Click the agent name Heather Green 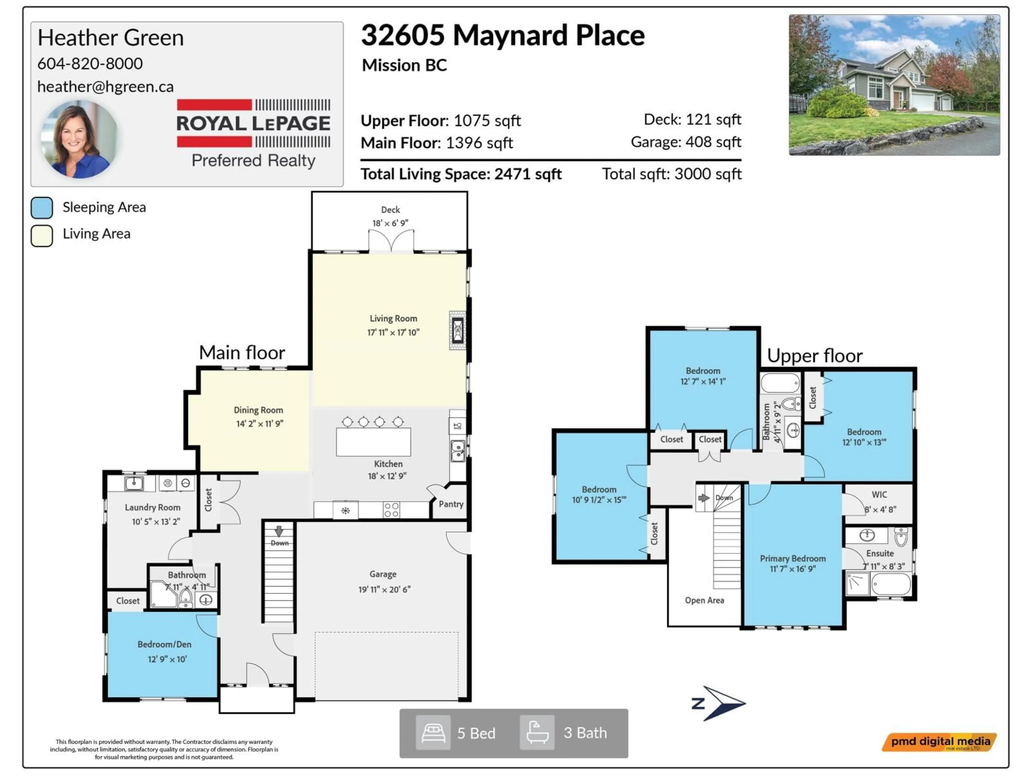coord(110,37)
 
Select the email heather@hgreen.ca coord(105,86)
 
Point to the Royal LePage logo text coord(253,123)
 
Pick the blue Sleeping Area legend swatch coord(42,208)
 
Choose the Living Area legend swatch coord(42,235)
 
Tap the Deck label coord(390,210)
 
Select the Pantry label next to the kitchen coord(450,504)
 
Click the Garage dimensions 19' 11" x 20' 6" coord(384,589)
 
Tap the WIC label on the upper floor coord(879,494)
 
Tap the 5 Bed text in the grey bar coord(476,733)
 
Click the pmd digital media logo coord(939,742)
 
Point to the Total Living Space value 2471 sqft coord(528,174)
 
